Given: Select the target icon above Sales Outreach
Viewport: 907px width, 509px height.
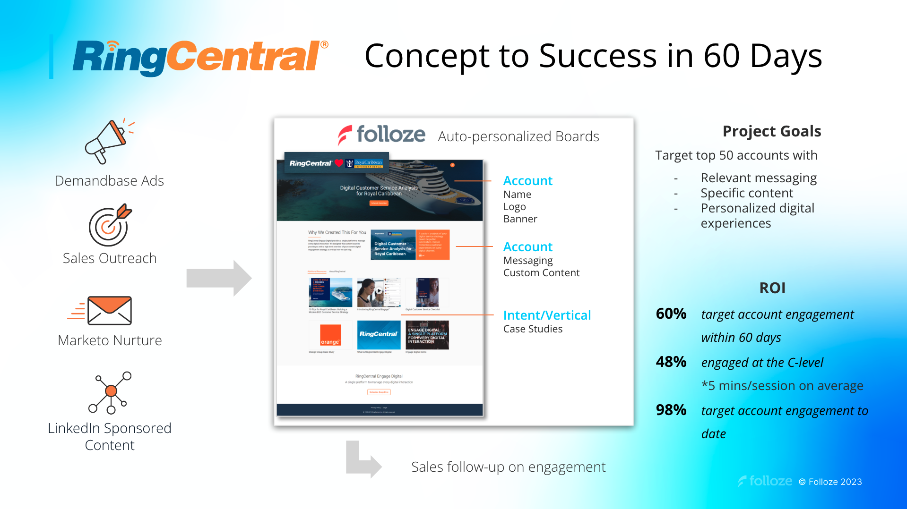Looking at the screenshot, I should [110, 225].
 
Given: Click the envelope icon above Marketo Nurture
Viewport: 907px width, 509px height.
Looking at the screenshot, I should [109, 311].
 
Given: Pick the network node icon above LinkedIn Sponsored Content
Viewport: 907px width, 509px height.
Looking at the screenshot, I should [110, 392].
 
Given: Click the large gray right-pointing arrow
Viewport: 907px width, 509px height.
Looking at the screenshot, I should [219, 278].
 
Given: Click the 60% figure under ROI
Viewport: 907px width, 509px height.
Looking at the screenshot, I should [671, 314].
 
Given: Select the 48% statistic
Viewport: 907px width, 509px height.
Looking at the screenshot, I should [671, 362].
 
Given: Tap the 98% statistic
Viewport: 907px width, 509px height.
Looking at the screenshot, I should [671, 410].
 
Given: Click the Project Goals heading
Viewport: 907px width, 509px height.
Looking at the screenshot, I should [771, 131].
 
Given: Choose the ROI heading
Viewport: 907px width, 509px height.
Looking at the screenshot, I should [772, 288].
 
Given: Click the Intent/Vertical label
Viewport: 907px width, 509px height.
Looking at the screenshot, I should [547, 315].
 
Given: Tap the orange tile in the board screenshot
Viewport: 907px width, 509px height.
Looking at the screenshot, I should [330, 335].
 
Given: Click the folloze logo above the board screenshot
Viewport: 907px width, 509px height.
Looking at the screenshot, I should [381, 135].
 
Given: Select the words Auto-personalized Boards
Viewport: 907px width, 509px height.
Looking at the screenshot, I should [518, 136].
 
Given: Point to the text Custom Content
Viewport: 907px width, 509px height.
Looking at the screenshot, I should [541, 273].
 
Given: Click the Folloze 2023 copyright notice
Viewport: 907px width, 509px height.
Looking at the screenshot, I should [830, 482].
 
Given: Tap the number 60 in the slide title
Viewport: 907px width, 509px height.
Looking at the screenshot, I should [721, 56].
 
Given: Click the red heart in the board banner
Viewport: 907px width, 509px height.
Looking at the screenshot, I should [339, 163].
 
